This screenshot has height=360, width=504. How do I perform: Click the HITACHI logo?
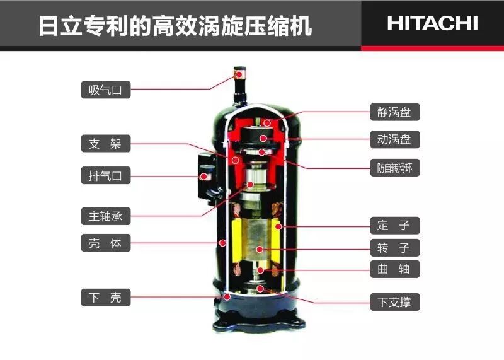(432, 23)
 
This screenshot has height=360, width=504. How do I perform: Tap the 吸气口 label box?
(106, 90)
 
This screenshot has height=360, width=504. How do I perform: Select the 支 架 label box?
(106, 144)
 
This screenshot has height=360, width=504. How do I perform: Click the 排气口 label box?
(106, 175)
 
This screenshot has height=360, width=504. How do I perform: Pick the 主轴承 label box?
(106, 216)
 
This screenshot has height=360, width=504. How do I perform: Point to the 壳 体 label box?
(106, 243)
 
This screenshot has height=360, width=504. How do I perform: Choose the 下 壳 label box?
(106, 297)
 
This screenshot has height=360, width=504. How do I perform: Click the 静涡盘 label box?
(395, 112)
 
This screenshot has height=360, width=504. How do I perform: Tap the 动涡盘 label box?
(395, 139)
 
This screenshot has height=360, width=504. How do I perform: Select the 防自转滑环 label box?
(395, 168)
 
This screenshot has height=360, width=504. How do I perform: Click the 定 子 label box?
(395, 225)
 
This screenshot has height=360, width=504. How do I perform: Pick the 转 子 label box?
(395, 248)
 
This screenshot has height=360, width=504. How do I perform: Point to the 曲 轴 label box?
(395, 269)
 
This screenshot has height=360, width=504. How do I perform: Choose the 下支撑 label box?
(395, 302)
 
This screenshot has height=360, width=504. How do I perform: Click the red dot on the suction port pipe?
(239, 74)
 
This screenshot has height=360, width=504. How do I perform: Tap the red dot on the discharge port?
(203, 177)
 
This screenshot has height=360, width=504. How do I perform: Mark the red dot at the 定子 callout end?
(278, 227)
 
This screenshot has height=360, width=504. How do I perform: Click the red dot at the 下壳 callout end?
(227, 296)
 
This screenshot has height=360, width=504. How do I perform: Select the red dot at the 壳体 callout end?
(222, 243)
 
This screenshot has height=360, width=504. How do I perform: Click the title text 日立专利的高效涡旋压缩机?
(176, 26)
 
